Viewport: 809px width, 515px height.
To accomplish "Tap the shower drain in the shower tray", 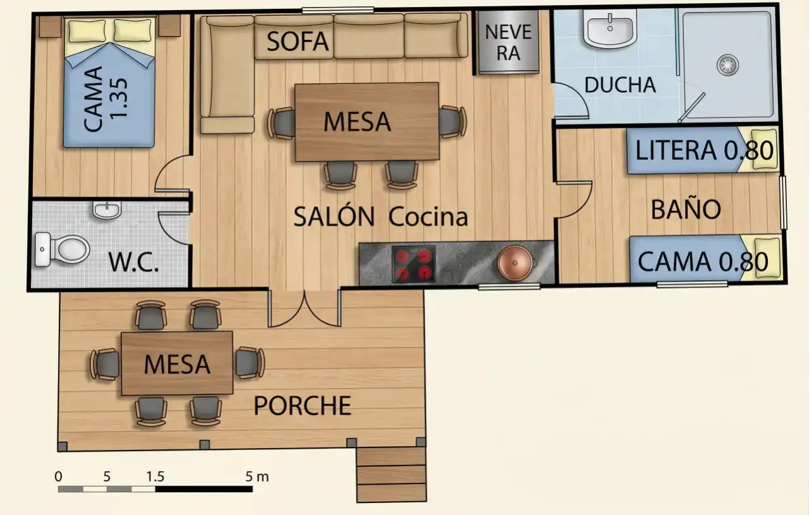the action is coord(727,65).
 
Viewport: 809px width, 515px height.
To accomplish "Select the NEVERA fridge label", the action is coord(508,42).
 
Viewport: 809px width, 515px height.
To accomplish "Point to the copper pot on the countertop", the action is coord(515,263).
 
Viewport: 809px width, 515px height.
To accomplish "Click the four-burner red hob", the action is coord(413,264).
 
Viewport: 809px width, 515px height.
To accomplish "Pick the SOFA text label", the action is coord(298,42).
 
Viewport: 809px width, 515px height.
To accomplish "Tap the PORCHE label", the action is coord(303,406).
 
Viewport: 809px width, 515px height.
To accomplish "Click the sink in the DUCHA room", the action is coord(610,29).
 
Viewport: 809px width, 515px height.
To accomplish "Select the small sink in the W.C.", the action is coord(107,210).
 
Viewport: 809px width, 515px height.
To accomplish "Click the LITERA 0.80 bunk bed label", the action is coord(704,150).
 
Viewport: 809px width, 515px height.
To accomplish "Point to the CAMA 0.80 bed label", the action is coord(703,262).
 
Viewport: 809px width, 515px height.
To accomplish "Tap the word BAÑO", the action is coord(686,209).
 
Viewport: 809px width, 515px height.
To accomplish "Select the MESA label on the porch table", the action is coord(177,364).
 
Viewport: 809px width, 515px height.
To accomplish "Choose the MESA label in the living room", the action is coord(357,122).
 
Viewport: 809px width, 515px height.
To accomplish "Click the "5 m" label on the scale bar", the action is coord(257,476).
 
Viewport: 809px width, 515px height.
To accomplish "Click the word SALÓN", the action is coord(334,217).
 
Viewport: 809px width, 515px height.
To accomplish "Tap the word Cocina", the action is coord(428,217).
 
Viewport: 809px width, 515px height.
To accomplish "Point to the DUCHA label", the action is coord(620,85).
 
